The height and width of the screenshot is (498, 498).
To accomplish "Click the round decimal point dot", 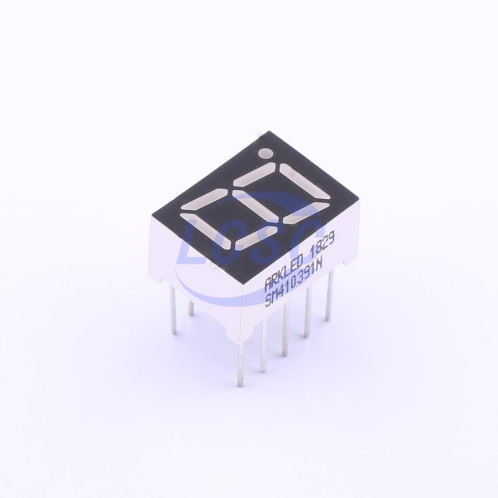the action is [266, 153].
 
